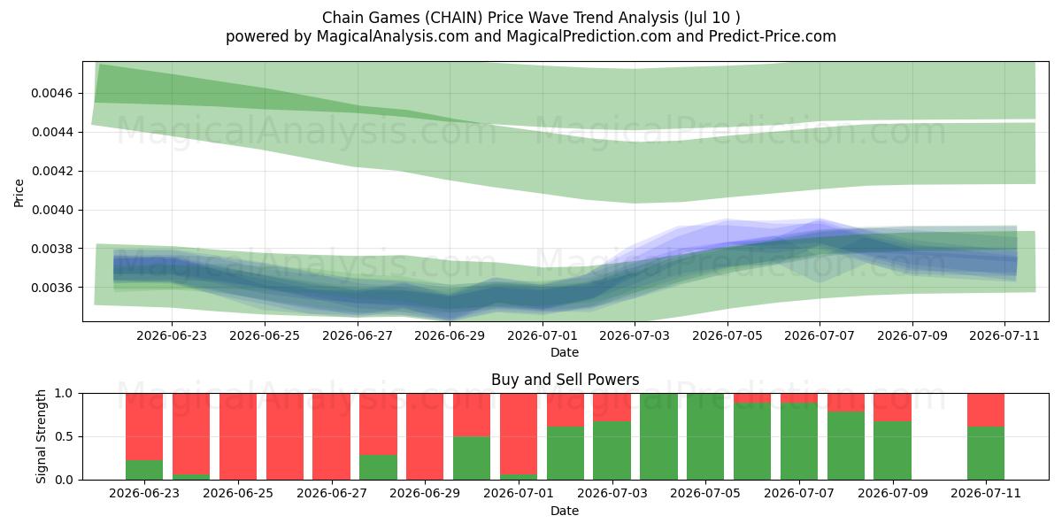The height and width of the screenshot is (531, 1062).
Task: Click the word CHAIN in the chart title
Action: (x=455, y=18)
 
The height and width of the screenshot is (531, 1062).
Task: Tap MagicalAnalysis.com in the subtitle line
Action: (x=393, y=36)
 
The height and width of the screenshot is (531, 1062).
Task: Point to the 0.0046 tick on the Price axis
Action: (x=52, y=93)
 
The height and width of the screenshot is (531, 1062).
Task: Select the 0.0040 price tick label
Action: (x=52, y=210)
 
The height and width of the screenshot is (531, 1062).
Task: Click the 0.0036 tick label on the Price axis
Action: (x=52, y=288)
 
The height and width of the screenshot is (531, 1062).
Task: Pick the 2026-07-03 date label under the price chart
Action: (x=635, y=335)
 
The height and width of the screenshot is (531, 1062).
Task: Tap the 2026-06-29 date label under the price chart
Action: (x=450, y=335)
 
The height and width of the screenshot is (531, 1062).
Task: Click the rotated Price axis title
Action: (x=19, y=193)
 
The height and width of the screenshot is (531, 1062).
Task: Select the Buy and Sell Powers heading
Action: (x=566, y=380)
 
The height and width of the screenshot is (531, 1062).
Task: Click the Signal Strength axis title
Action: (x=42, y=436)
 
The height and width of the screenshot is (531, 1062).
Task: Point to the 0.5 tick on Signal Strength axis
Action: (x=65, y=436)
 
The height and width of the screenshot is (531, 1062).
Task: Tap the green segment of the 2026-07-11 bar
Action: (x=986, y=453)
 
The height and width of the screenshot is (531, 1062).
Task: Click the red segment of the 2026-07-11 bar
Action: (x=986, y=410)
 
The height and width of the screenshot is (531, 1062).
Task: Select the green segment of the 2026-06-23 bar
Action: (x=144, y=470)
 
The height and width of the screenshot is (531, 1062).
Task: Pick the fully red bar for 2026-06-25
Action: (x=238, y=436)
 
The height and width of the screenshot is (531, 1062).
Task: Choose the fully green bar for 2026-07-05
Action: (x=705, y=436)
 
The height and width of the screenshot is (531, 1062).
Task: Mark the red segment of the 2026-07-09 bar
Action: (x=893, y=407)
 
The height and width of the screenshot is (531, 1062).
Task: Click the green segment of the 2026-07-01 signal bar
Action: (x=519, y=477)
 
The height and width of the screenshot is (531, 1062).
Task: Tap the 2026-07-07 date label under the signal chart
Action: (x=799, y=494)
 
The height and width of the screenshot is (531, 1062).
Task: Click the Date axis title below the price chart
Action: (x=565, y=353)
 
